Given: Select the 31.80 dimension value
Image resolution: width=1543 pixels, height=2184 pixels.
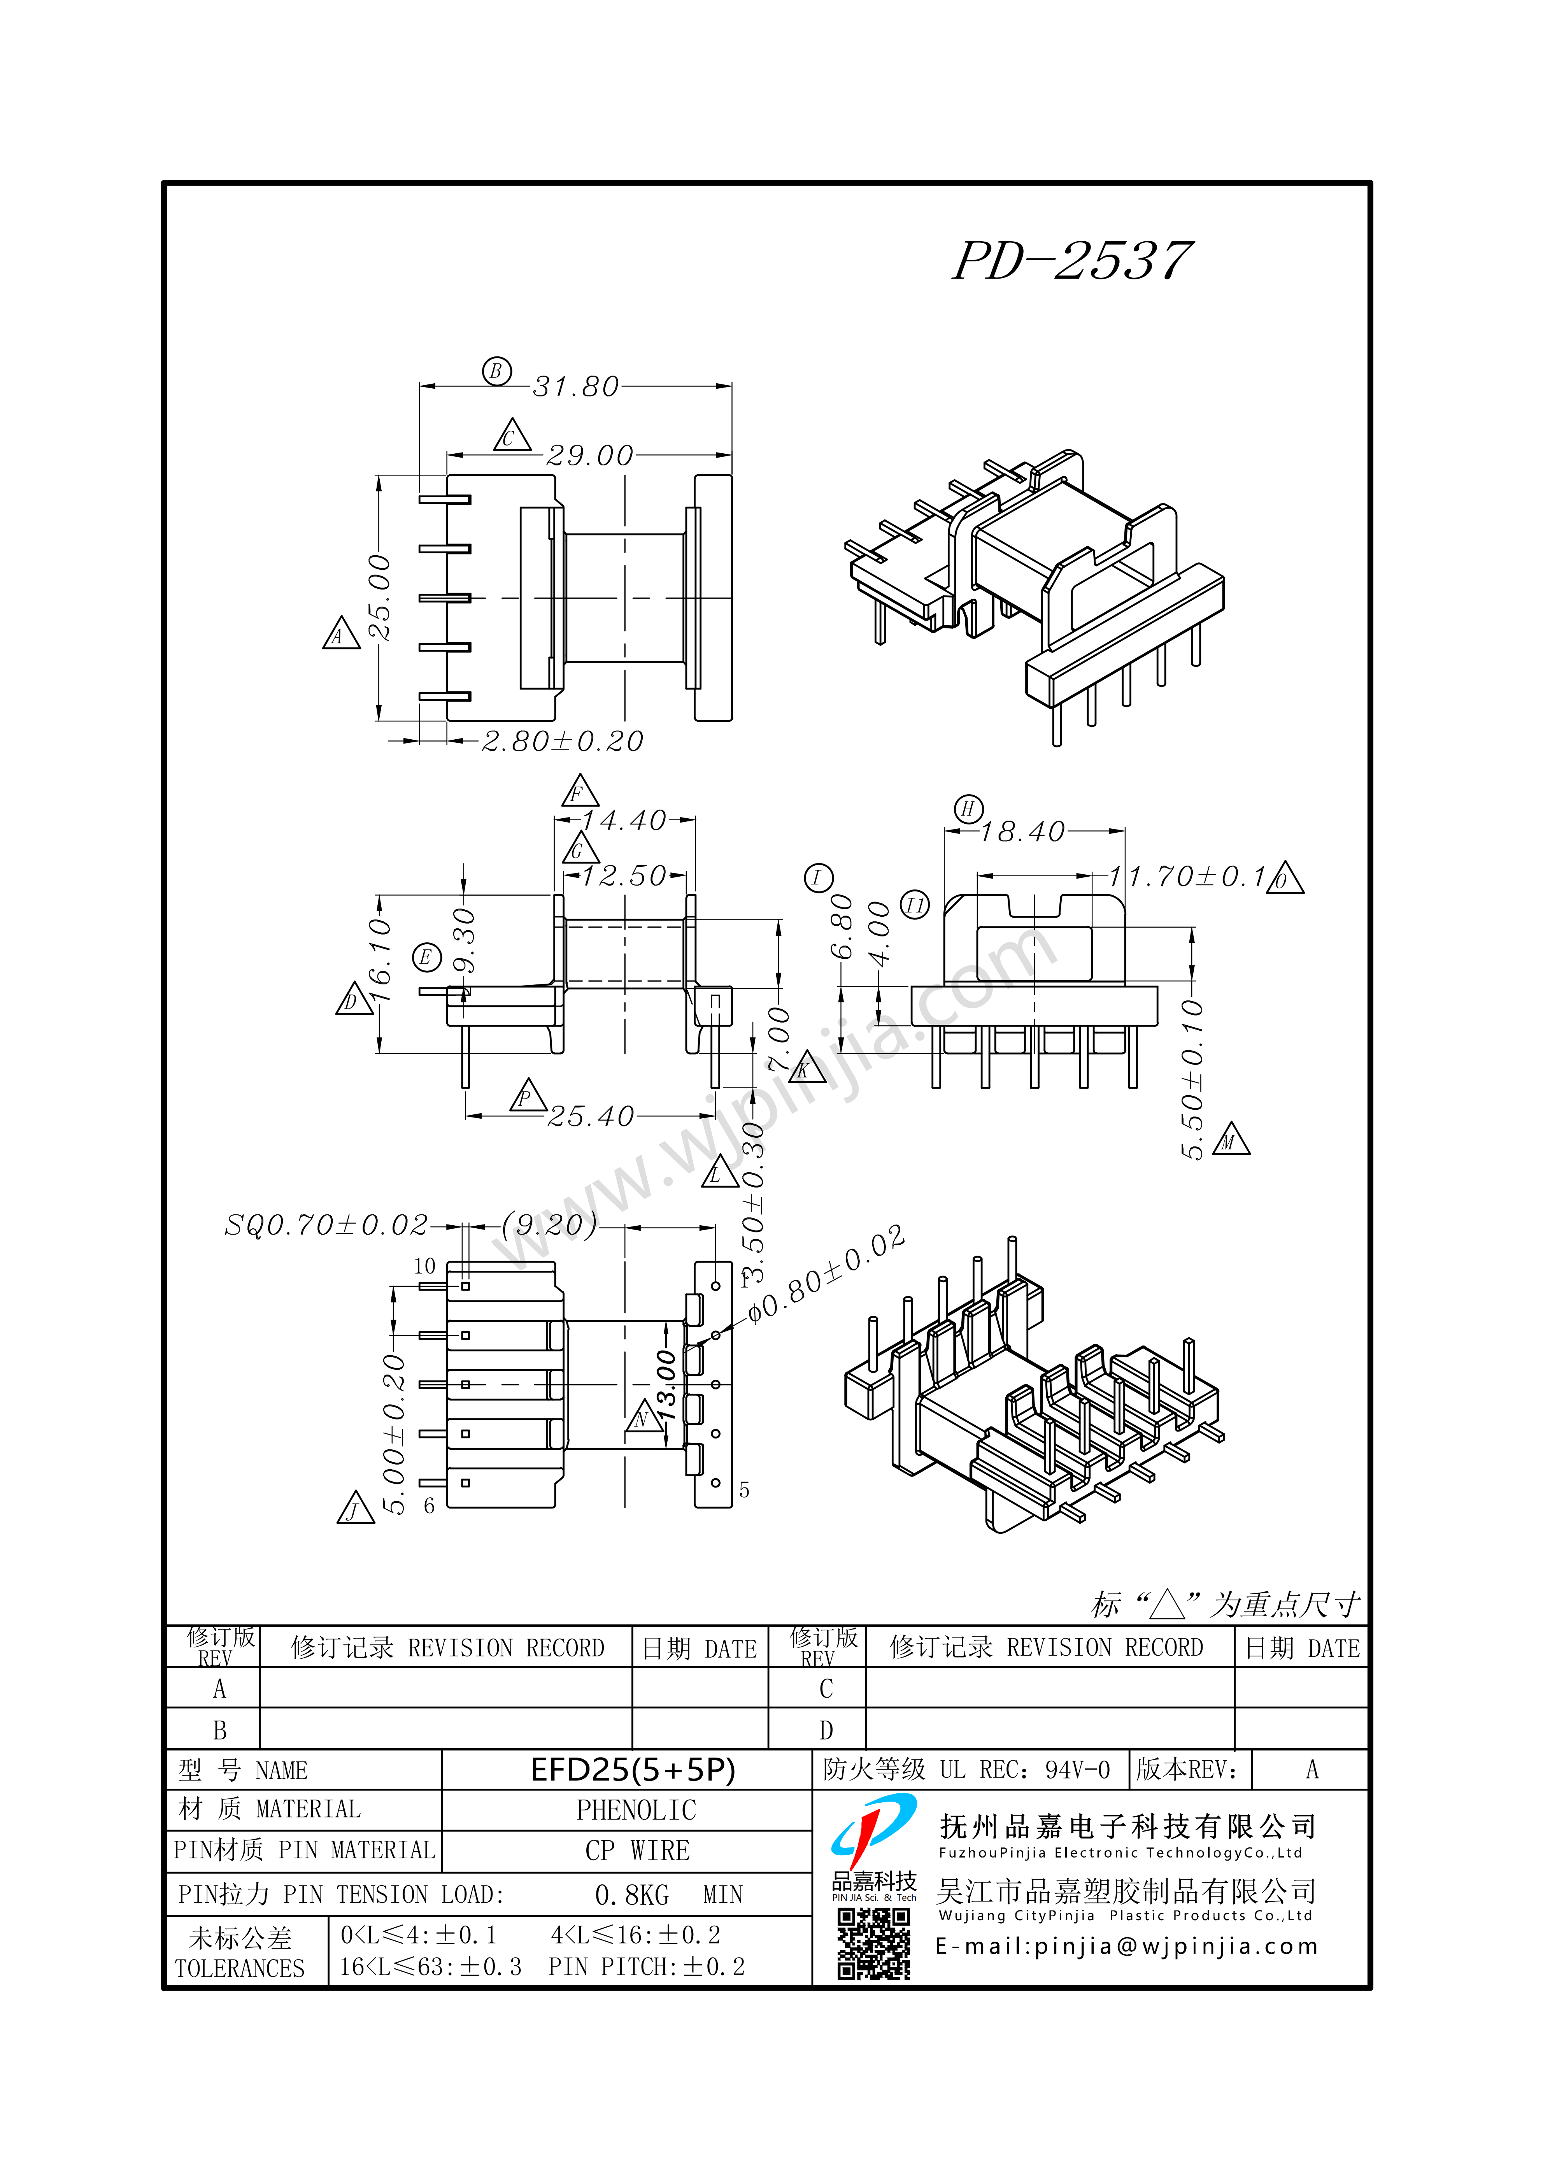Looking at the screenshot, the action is pyautogui.click(x=575, y=386).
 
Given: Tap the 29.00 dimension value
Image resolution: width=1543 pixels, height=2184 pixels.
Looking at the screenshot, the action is pyautogui.click(x=590, y=456).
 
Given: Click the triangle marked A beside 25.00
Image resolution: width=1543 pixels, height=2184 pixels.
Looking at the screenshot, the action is pyautogui.click(x=340, y=633).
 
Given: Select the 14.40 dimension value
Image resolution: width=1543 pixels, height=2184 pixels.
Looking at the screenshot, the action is pyautogui.click(x=624, y=820).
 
